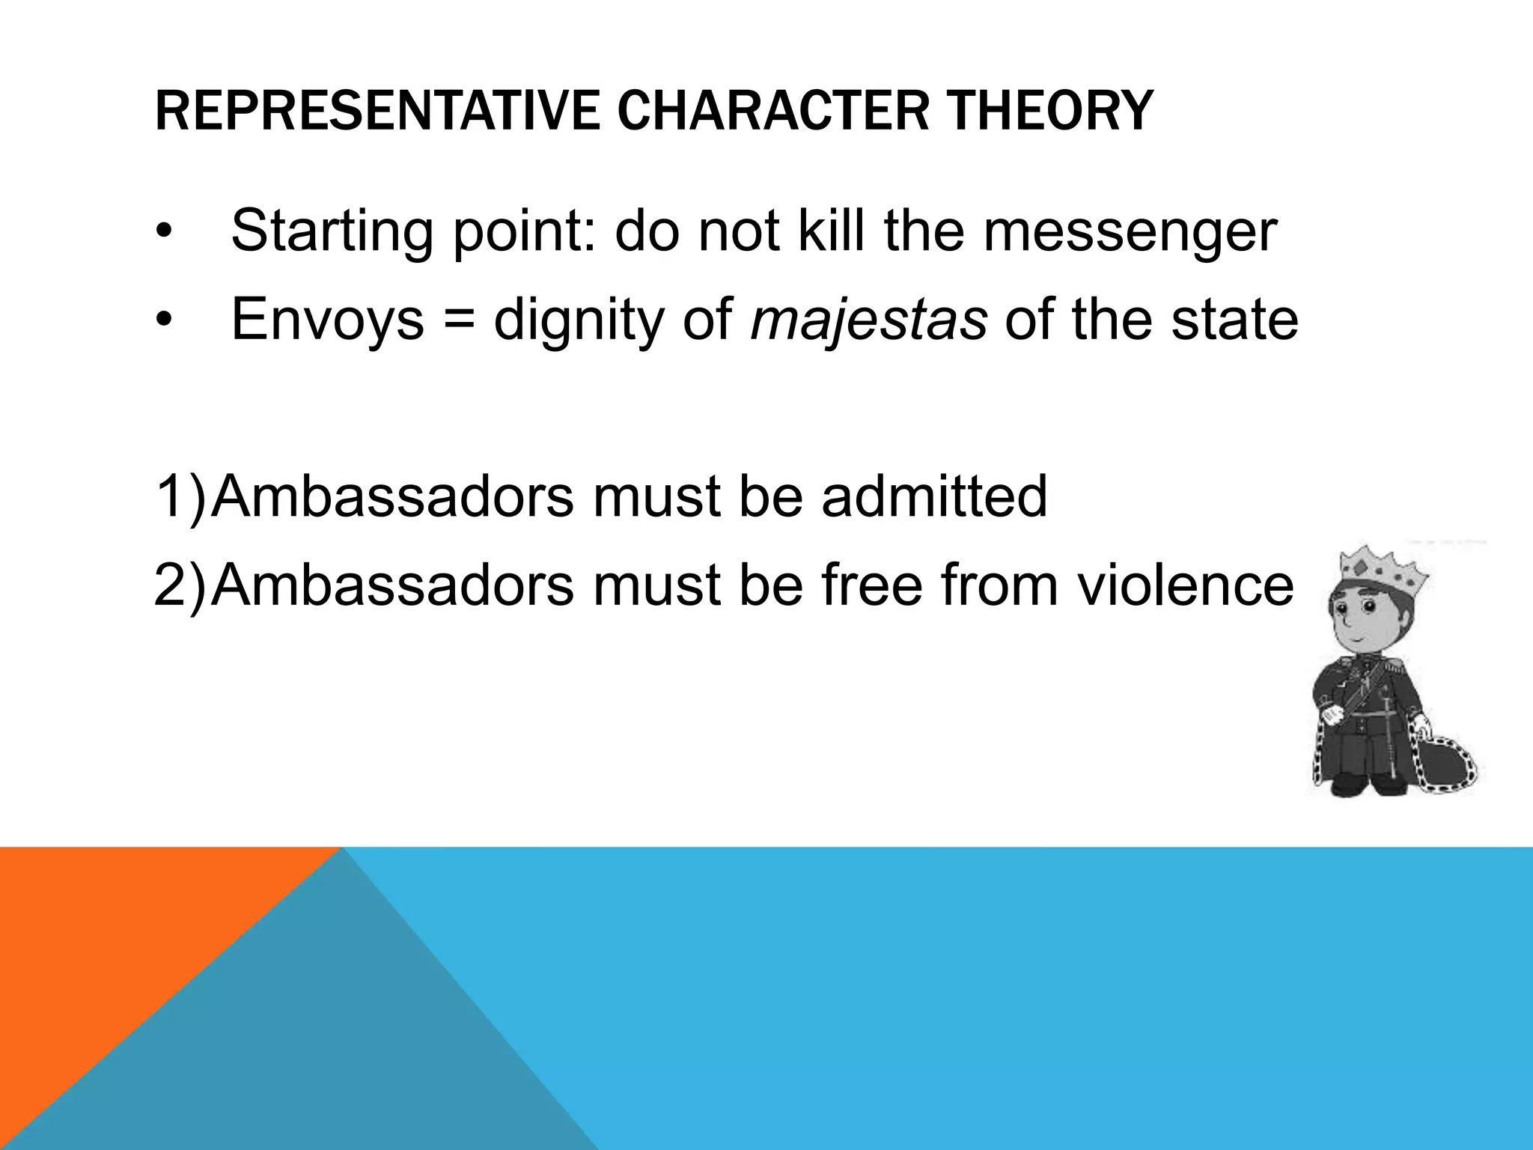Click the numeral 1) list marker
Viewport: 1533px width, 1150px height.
[x=180, y=497]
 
